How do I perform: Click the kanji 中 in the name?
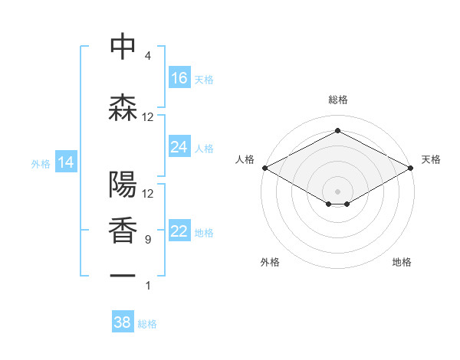pyautogui.click(x=123, y=47)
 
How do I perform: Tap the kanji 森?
pyautogui.click(x=123, y=108)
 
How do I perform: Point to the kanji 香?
pyautogui.click(x=123, y=230)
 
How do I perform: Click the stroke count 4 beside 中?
pyautogui.click(x=148, y=56)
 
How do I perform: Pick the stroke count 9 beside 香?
pyautogui.click(x=148, y=240)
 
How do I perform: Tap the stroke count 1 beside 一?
pyautogui.click(x=148, y=286)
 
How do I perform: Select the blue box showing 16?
pyautogui.click(x=179, y=78)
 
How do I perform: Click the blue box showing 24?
pyautogui.click(x=179, y=147)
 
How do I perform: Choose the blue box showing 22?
pyautogui.click(x=179, y=231)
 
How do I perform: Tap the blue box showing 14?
pyautogui.click(x=66, y=162)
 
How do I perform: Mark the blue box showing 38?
pyautogui.click(x=123, y=322)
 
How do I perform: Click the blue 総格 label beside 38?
pyautogui.click(x=147, y=324)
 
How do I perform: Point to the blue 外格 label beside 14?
pyautogui.click(x=41, y=163)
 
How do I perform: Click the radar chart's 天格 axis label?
pyautogui.click(x=431, y=159)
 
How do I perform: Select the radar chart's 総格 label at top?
pyautogui.click(x=337, y=100)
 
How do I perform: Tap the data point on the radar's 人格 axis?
pyautogui.click(x=264, y=168)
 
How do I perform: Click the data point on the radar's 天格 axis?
pyautogui.click(x=411, y=168)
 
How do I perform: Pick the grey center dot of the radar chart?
pyautogui.click(x=337, y=190)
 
